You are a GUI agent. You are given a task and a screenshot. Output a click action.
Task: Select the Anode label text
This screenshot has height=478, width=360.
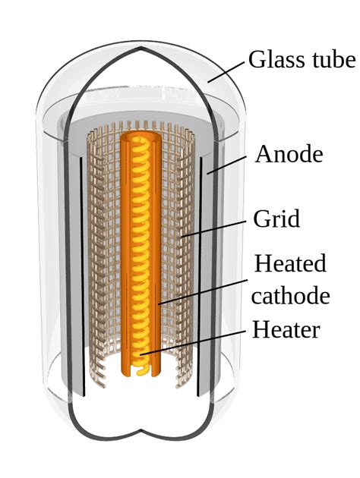(x=289, y=154)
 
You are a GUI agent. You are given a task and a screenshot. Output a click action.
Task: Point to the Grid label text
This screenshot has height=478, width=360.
(x=276, y=219)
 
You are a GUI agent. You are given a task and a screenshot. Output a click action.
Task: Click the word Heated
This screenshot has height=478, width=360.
(x=290, y=263)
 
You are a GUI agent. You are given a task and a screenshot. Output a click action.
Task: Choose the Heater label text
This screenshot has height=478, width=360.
(x=286, y=329)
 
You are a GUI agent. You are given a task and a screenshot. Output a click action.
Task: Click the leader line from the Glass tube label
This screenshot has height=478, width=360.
(x=226, y=71)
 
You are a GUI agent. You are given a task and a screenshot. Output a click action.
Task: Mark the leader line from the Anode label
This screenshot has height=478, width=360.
(x=226, y=165)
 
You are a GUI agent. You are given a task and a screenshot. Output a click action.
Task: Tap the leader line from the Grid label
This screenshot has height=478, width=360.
(x=214, y=228)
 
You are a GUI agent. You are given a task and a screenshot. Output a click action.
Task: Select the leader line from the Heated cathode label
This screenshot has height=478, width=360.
(x=203, y=292)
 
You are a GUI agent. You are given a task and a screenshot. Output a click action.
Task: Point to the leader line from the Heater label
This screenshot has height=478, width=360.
(x=192, y=342)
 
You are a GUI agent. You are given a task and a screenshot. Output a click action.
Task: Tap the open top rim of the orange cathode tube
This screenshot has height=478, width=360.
(x=141, y=137)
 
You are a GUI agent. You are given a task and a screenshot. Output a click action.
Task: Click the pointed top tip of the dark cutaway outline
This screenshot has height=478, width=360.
(x=141, y=48)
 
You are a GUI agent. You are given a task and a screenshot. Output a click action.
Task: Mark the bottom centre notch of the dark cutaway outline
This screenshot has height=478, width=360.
(x=141, y=432)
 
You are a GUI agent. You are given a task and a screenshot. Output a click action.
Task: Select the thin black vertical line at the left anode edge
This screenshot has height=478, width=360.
(x=82, y=277)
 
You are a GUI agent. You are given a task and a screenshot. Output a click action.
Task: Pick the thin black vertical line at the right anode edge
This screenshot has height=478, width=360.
(x=200, y=277)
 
